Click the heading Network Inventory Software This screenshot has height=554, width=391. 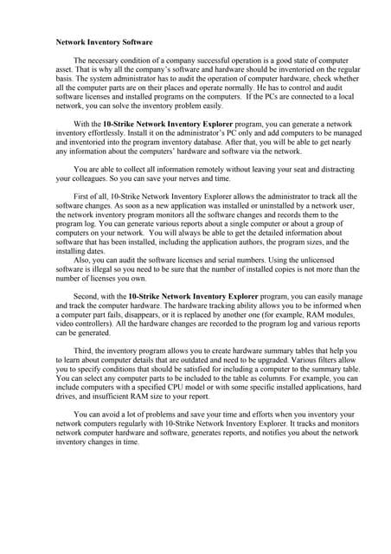click(104, 41)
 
